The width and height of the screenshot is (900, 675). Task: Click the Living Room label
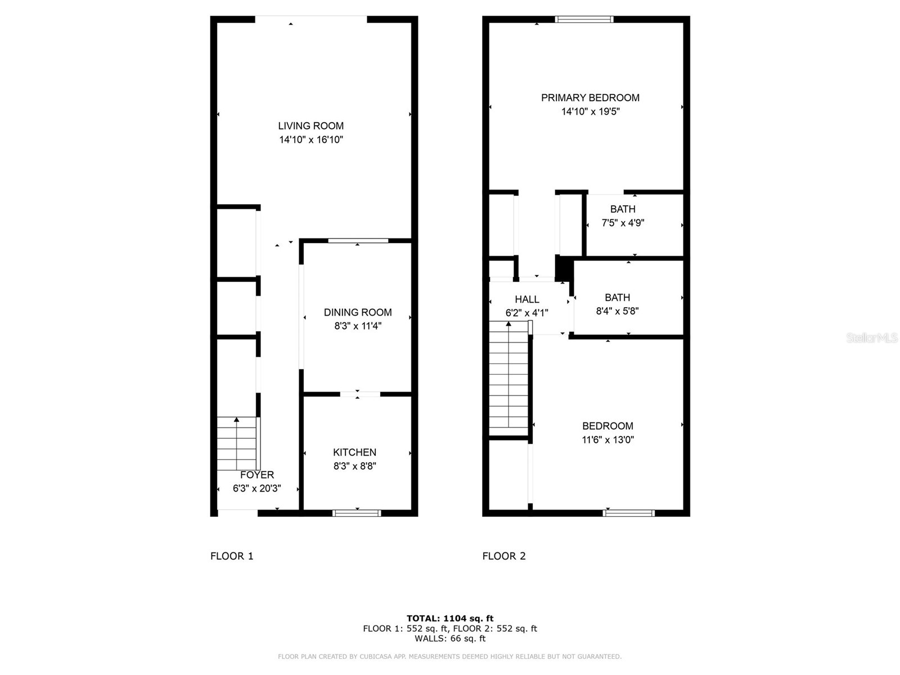(310, 126)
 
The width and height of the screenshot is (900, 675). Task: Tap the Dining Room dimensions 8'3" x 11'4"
(358, 326)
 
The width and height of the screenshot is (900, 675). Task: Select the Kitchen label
(354, 452)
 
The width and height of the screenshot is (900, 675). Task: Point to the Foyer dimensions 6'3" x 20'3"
(257, 488)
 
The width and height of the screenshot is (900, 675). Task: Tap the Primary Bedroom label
(590, 98)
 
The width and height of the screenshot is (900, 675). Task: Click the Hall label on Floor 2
(527, 299)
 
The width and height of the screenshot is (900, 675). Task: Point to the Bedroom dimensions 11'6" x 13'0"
(607, 440)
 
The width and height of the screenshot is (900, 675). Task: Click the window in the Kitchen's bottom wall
(357, 513)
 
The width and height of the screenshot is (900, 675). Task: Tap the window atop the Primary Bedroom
(584, 19)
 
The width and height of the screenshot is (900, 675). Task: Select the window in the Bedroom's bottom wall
(628, 513)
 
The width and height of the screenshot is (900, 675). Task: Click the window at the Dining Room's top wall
(358, 241)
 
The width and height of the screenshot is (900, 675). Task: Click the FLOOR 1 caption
(232, 556)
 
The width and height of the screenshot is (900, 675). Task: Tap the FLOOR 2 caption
(504, 556)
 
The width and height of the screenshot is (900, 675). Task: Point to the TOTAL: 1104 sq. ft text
(450, 618)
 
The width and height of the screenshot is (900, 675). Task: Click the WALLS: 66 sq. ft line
(450, 638)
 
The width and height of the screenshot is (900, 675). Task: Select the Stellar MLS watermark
(872, 337)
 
